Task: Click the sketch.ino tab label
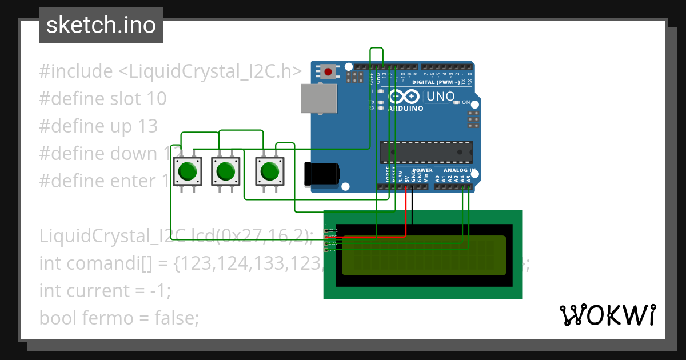(x=101, y=25)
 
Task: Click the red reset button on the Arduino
(x=328, y=72)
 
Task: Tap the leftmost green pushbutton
(x=188, y=171)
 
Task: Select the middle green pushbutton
(x=226, y=171)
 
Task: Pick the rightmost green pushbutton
(x=269, y=171)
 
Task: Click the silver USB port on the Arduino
(x=318, y=98)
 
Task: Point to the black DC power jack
(x=321, y=174)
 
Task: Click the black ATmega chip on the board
(x=426, y=153)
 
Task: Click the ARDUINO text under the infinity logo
(x=405, y=108)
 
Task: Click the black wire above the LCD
(x=412, y=209)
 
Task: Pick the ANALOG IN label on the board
(x=460, y=170)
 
